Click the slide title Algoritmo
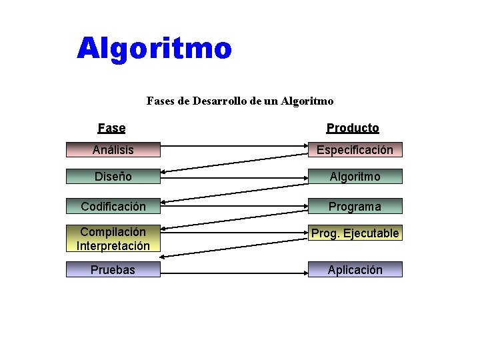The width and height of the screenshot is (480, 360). [x=154, y=49]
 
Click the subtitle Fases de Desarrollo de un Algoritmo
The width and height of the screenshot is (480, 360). [x=239, y=101]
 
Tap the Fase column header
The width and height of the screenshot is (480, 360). [x=111, y=128]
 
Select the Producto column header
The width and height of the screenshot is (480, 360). [x=353, y=128]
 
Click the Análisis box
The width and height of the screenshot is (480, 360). [x=113, y=150]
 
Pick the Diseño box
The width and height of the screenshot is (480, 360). [x=113, y=177]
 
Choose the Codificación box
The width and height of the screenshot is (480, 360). [x=113, y=206]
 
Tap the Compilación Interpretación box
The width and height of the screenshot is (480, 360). [x=113, y=239]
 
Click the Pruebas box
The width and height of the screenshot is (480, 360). [x=113, y=269]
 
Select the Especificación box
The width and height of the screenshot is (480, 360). [x=355, y=150]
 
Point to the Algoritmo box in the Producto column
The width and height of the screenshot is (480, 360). [x=355, y=177]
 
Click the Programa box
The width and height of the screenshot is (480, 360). [x=355, y=206]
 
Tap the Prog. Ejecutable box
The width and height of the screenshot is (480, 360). [x=355, y=233]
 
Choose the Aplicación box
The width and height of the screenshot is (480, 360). [x=355, y=269]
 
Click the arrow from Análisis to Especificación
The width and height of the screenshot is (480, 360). [x=233, y=145]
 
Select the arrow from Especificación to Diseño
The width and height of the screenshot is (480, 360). [x=233, y=163]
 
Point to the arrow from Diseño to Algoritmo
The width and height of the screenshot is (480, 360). [x=233, y=176]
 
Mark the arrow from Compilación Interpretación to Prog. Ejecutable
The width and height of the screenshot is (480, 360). [x=233, y=233]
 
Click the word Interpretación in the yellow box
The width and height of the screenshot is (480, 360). [x=113, y=246]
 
